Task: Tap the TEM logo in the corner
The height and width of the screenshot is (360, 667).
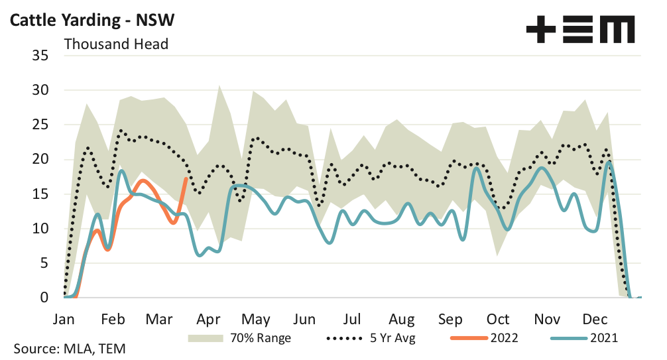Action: tap(580, 30)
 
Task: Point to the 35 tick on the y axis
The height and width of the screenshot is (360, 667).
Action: tap(40, 56)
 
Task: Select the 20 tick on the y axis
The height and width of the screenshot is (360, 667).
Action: tap(40, 159)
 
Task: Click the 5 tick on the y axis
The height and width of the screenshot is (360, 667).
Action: tap(44, 263)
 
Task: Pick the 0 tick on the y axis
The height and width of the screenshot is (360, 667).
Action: tap(44, 298)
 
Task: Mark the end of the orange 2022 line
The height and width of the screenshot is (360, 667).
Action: tap(186, 178)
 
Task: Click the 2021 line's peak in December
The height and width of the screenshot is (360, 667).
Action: tap(609, 162)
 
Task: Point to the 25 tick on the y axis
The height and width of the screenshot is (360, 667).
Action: tap(40, 125)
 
